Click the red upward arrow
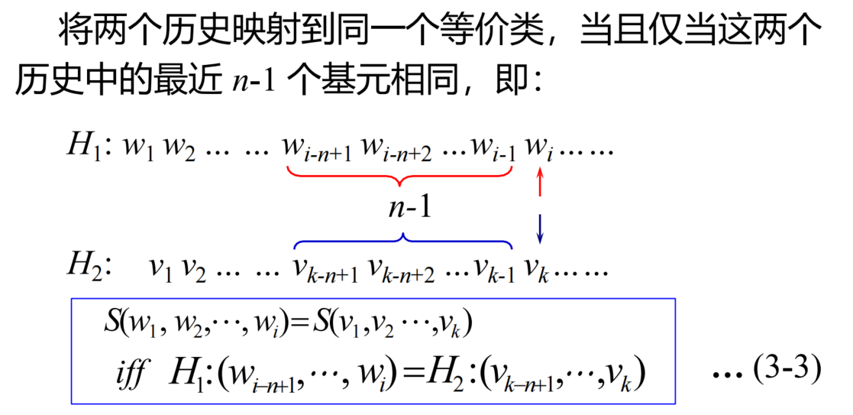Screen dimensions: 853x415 [541, 183]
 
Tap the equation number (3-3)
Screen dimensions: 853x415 [786, 372]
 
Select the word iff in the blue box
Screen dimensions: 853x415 [130, 374]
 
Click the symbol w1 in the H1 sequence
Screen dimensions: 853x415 [139, 148]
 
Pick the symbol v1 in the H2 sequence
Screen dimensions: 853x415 [160, 268]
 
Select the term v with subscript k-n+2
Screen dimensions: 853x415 [402, 270]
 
